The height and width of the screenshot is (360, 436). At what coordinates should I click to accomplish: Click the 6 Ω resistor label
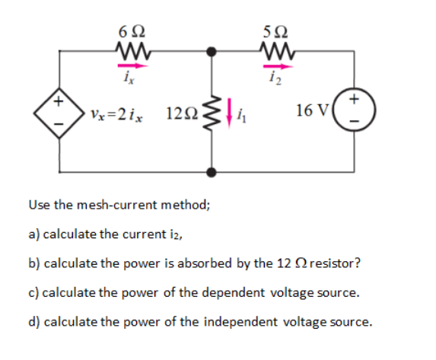pyautogui.click(x=132, y=31)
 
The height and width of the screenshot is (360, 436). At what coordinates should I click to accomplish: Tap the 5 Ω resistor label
pyautogui.click(x=275, y=32)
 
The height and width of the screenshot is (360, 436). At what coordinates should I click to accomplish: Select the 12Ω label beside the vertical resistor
pyautogui.click(x=182, y=113)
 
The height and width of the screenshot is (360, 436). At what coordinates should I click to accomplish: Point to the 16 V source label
pyautogui.click(x=312, y=110)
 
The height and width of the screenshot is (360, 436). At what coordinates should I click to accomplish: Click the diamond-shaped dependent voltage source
pyautogui.click(x=59, y=113)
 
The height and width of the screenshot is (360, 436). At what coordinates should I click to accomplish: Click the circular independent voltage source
pyautogui.click(x=354, y=110)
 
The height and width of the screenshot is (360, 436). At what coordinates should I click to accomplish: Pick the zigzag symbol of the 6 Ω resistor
pyautogui.click(x=133, y=51)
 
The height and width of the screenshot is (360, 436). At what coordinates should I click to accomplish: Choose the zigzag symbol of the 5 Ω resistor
pyautogui.click(x=277, y=51)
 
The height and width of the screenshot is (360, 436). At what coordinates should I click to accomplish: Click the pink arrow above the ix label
pyautogui.click(x=133, y=66)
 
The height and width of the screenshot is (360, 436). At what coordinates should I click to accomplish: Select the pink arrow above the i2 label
pyautogui.click(x=278, y=66)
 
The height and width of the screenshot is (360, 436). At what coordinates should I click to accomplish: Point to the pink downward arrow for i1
pyautogui.click(x=229, y=113)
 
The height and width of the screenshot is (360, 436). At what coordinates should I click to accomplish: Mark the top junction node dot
pyautogui.click(x=212, y=52)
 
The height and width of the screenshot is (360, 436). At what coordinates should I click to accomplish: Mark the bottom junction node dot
pyautogui.click(x=212, y=172)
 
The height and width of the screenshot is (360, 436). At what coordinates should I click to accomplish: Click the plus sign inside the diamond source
pyautogui.click(x=59, y=101)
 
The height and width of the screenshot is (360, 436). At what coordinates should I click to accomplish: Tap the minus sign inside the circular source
pyautogui.click(x=354, y=121)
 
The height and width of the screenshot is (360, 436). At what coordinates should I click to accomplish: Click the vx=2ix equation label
pyautogui.click(x=116, y=114)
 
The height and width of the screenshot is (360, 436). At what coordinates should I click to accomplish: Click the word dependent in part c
pyautogui.click(x=233, y=293)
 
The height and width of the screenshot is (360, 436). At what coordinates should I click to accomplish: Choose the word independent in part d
pyautogui.click(x=240, y=322)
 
